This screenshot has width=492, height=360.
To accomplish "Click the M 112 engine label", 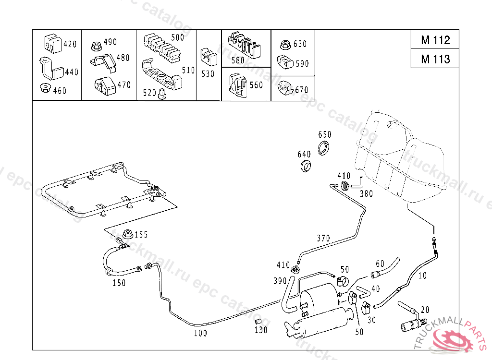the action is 435,40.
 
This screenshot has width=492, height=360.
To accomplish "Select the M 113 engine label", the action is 435,59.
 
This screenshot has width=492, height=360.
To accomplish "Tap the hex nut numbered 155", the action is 128,234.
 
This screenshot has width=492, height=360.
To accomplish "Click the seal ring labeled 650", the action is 323,148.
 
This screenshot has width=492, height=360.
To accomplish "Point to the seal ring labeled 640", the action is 305,166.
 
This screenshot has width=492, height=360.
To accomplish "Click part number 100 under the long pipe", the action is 200,333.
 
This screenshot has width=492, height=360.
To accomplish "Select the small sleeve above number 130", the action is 258,322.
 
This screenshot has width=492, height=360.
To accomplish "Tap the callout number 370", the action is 323,239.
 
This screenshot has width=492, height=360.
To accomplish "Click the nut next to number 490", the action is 96,46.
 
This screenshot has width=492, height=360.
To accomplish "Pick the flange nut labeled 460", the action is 45,88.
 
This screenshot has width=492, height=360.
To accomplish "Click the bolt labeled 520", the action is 162,94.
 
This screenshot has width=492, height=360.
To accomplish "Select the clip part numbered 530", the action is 209,57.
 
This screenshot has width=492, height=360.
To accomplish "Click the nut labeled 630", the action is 285,45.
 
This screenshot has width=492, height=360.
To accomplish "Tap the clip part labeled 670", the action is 285,88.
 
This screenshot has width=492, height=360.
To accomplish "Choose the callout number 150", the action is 119,283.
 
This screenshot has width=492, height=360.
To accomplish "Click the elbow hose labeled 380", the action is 357,183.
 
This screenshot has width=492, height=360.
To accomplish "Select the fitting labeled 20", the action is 412,318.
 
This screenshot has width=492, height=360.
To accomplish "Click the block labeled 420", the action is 53,43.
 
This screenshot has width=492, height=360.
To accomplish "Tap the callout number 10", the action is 422,276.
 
